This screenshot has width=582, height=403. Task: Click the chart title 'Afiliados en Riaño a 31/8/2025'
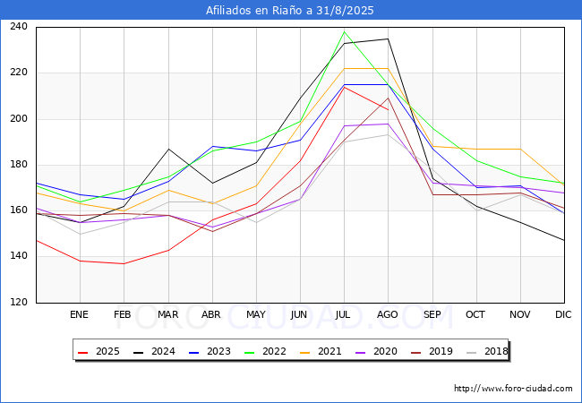(289, 11)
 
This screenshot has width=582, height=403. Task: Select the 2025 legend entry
(98, 351)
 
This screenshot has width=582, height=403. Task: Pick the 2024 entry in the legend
(154, 351)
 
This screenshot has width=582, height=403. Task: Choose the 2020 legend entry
(376, 351)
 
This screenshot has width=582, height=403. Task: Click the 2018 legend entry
(487, 351)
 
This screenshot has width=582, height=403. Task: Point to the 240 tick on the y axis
(19, 26)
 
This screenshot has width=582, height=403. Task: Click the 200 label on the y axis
(19, 118)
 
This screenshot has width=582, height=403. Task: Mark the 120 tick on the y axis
(19, 302)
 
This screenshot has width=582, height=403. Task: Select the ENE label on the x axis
(79, 314)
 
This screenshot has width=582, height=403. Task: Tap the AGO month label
(388, 314)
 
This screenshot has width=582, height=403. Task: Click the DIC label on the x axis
(563, 314)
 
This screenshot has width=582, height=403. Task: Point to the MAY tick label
(256, 314)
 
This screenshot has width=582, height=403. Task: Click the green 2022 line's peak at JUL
(345, 31)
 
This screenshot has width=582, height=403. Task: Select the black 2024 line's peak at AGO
(389, 39)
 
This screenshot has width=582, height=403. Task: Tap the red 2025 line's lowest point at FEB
(124, 263)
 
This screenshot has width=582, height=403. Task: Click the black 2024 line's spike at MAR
(169, 149)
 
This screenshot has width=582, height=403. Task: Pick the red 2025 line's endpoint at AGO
(389, 110)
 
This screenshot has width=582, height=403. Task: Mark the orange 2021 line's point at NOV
(520, 149)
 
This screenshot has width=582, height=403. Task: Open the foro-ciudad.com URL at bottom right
(513, 389)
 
